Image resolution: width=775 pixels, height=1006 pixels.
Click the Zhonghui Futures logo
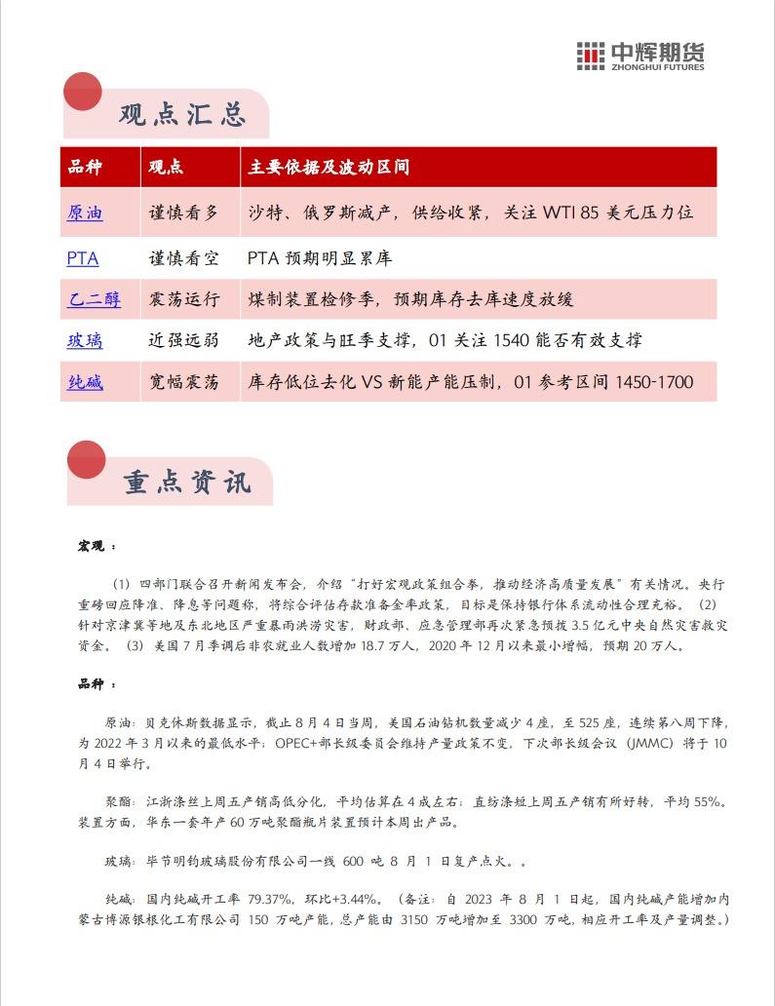[639, 56]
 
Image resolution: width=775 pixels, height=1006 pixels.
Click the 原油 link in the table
[85, 212]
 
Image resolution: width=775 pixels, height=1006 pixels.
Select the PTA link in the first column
[83, 258]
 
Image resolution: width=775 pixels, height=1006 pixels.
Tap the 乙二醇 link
[95, 299]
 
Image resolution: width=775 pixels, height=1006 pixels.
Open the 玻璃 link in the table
[85, 340]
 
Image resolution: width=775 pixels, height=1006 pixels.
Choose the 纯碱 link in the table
[85, 382]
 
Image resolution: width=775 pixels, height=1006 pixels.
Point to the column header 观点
[166, 167]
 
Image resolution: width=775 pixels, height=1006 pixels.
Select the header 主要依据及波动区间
[329, 167]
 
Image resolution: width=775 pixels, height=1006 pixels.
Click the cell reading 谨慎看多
[183, 212]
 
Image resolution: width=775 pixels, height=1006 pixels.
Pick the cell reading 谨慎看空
[183, 258]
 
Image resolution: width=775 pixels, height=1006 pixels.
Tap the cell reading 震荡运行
[183, 299]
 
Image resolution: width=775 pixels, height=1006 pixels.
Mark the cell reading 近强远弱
[183, 340]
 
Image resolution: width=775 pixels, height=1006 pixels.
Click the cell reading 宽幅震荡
[183, 382]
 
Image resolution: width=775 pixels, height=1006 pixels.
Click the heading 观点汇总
[181, 114]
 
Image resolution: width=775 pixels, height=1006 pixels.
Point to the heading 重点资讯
[186, 482]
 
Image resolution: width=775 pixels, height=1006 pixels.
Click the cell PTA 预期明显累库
[320, 258]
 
